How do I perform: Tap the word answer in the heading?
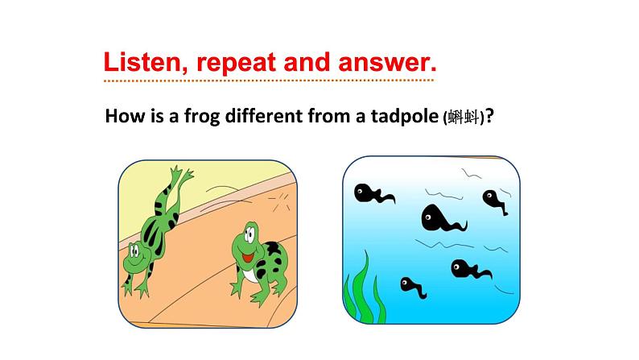pos(387,62)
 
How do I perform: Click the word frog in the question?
pos(202,117)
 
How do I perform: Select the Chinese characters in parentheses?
pos(464,118)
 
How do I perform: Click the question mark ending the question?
pos(489,116)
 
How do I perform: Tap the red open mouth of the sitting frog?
pos(248,257)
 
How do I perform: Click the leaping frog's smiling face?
pos(136,255)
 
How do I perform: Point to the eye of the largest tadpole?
pos(428,217)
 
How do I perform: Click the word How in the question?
pos(122,116)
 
